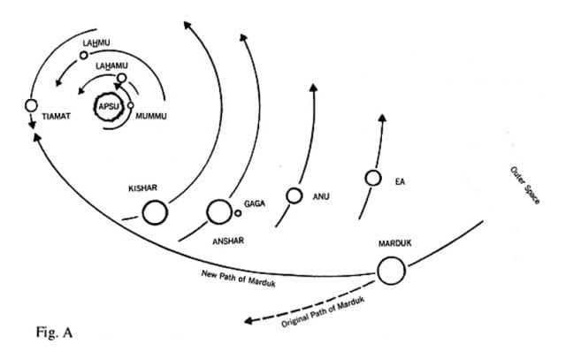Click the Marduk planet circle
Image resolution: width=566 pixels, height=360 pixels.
coord(391,270)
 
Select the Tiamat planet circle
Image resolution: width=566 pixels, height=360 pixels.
coord(31,105)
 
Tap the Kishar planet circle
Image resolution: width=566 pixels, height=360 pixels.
coord(154,213)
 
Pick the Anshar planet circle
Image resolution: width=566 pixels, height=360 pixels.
coord(218,211)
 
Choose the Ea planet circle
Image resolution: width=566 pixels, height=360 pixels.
coord(373,178)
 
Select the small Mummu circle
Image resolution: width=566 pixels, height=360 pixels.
coord(131,106)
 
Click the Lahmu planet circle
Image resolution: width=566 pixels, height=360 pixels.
coord(83,55)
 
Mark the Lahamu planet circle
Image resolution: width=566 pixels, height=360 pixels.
coord(121,77)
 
